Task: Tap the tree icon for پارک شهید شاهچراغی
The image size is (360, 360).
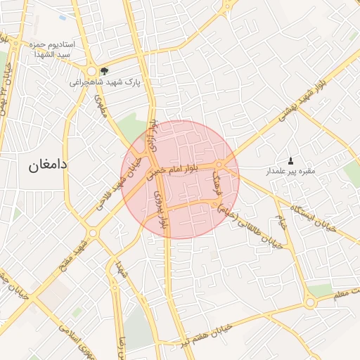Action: [x=105, y=70]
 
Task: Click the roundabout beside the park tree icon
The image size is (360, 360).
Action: [x=92, y=71]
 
